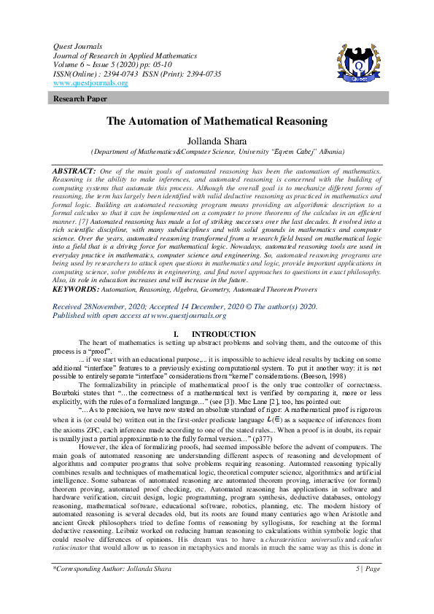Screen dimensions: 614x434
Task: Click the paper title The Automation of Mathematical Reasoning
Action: (x=217, y=122)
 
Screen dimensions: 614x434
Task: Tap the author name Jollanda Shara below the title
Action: (x=217, y=141)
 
